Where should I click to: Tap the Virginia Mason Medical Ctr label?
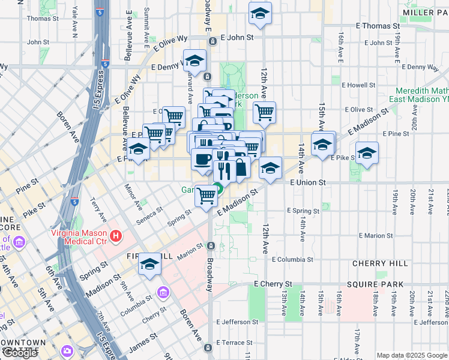click(x=78, y=236)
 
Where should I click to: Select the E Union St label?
click(x=307, y=182)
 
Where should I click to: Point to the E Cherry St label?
click(x=273, y=284)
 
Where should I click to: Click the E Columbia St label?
click(x=292, y=260)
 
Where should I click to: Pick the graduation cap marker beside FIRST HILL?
click(x=149, y=264)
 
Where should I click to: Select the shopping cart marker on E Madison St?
click(x=206, y=195)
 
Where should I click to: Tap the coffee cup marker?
click(x=202, y=159)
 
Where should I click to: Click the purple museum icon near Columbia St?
click(x=162, y=293)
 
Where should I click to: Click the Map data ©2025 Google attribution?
click(x=412, y=355)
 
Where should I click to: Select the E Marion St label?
click(x=376, y=236)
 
